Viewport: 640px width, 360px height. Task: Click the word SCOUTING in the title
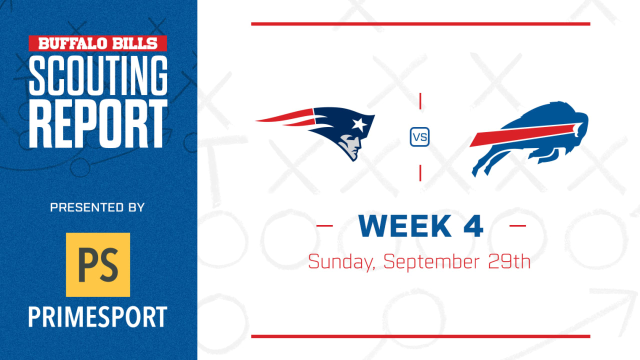pyautogui.click(x=98, y=75)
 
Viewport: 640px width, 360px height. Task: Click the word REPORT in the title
pyautogui.click(x=98, y=123)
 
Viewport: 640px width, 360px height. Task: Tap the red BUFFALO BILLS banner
pyautogui.click(x=97, y=43)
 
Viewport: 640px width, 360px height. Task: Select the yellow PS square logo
pyautogui.click(x=98, y=264)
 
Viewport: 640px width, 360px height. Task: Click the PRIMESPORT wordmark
pyautogui.click(x=97, y=316)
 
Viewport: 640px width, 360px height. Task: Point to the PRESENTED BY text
pyautogui.click(x=97, y=207)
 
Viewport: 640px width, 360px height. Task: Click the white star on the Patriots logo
pyautogui.click(x=359, y=125)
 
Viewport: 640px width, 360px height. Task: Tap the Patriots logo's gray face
pyautogui.click(x=350, y=145)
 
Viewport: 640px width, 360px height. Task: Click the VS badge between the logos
pyautogui.click(x=419, y=137)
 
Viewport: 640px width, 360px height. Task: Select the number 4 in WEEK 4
pyautogui.click(x=473, y=226)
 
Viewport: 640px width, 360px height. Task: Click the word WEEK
pyautogui.click(x=405, y=226)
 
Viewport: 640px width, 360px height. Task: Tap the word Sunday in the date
pyautogui.click(x=341, y=262)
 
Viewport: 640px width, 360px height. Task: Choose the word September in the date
pyautogui.click(x=431, y=262)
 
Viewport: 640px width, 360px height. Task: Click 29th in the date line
pyautogui.click(x=509, y=261)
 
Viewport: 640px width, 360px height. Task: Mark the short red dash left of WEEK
pyautogui.click(x=324, y=225)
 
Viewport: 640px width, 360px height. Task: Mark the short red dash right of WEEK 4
pyautogui.click(x=517, y=225)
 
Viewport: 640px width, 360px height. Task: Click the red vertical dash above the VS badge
pyautogui.click(x=420, y=101)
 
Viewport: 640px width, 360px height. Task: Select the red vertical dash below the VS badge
pyautogui.click(x=420, y=173)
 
